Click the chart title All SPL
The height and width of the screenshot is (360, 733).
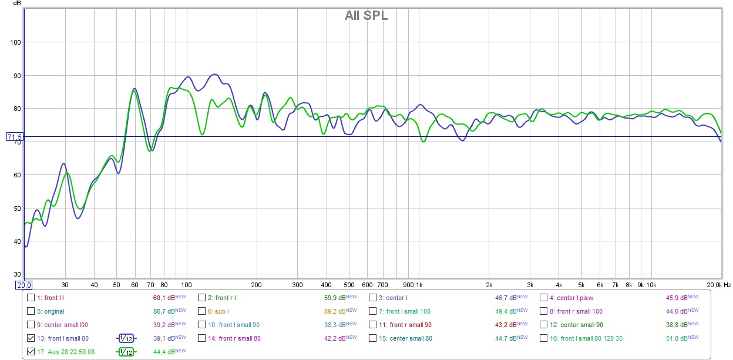(x=366, y=16)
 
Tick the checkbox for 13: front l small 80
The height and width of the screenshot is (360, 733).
(x=31, y=338)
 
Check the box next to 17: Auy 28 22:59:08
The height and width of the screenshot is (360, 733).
(x=31, y=352)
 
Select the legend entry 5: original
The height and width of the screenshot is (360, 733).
(x=51, y=311)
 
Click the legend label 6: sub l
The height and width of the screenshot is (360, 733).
(x=218, y=311)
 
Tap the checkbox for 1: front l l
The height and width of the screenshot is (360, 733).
(x=31, y=298)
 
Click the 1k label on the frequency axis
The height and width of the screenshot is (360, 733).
(x=419, y=285)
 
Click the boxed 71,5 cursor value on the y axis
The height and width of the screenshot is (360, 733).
(x=14, y=137)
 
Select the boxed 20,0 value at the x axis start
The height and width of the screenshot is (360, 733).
(x=23, y=285)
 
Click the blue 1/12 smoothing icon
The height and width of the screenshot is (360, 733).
(x=126, y=338)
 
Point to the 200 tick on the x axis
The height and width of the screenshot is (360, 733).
(x=255, y=285)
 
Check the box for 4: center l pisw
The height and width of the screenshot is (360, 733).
(x=543, y=298)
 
